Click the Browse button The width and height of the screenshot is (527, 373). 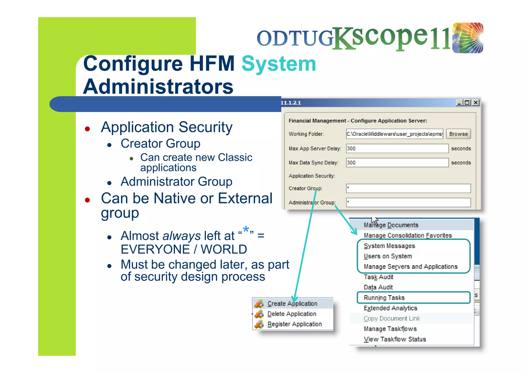[x=458, y=134]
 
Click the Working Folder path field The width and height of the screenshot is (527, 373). [x=394, y=134]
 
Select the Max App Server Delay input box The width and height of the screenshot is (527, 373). [x=397, y=148]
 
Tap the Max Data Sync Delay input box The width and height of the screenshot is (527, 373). [x=397, y=163]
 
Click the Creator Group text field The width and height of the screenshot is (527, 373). [x=408, y=188]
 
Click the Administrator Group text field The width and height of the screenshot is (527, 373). [x=408, y=203]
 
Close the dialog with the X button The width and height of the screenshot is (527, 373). [x=476, y=103]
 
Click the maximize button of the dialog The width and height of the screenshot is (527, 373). [x=467, y=103]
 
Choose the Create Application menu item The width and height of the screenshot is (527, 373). [x=292, y=304]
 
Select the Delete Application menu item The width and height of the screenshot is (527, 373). [x=292, y=314]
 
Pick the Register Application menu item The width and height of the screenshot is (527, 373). [x=294, y=324]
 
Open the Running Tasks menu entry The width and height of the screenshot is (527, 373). [x=384, y=298]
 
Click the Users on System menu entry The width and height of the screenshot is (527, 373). [x=388, y=256]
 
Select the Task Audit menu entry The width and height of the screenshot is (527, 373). [x=378, y=277]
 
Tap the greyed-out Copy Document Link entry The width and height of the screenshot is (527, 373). [x=392, y=319]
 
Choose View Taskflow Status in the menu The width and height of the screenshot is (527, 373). [x=395, y=339]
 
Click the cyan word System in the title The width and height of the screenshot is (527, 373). [x=279, y=64]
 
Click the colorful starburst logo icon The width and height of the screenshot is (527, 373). [x=468, y=38]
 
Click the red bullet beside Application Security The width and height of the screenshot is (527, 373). [x=87, y=129]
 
